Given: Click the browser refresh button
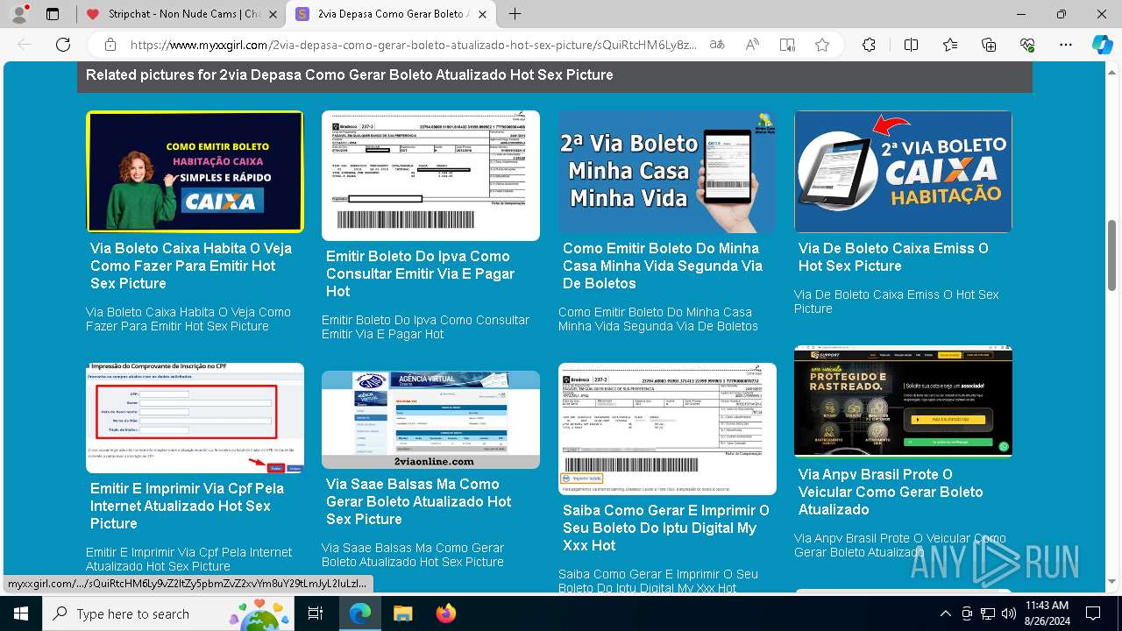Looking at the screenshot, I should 63,45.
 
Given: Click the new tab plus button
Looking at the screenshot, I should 515,14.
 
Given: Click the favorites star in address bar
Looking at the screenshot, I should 821,45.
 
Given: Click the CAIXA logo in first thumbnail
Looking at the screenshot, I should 224,202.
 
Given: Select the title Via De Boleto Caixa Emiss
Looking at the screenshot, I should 892,257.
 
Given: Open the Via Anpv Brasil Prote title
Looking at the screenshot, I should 890,492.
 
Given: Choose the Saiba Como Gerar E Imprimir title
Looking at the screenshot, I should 665,528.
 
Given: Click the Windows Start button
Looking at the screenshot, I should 20,613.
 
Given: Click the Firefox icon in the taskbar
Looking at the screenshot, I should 446,613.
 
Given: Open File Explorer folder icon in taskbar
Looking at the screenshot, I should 402,613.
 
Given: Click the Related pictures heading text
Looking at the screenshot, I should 349,75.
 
